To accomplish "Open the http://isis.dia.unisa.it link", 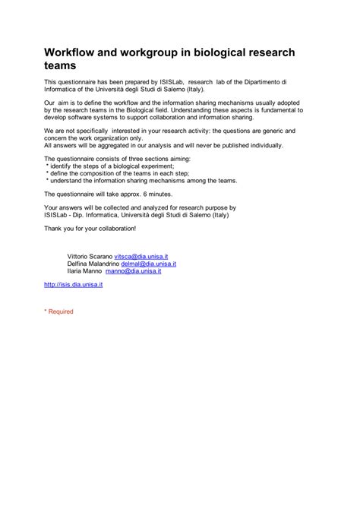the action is pos(74,284).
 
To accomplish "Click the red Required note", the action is pos(58,311).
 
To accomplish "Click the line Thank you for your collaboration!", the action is pos(90,228).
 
